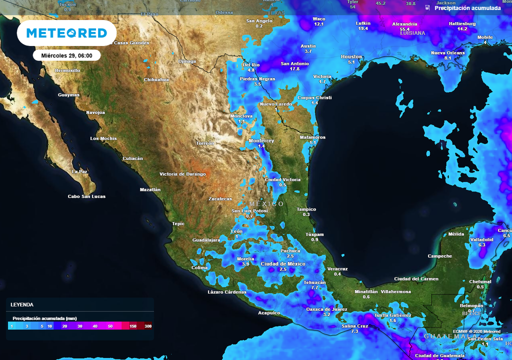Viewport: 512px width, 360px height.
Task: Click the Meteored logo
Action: coord(66,33)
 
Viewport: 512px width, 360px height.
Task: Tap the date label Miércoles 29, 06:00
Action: coord(67,55)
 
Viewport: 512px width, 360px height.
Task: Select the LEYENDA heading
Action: coord(22,304)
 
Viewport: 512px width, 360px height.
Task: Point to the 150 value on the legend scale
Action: coord(133,326)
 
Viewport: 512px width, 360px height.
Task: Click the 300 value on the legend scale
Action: coord(148,326)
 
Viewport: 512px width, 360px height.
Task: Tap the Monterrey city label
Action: coord(261,141)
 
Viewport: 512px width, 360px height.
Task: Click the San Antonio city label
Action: coord(294,63)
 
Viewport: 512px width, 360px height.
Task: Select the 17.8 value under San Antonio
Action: coord(294,69)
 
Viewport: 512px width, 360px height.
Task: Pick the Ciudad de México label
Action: coord(282,263)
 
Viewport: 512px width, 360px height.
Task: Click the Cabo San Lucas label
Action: coord(86,196)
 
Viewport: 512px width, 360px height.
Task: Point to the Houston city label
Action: coord(351,57)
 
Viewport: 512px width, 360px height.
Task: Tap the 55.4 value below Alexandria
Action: coord(404,29)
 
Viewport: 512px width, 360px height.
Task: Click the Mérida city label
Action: coord(456,234)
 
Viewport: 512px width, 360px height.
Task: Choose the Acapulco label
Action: coord(268,313)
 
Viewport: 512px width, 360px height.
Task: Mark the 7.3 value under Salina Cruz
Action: coord(354,331)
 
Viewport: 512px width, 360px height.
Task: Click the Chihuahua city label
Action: coord(156,79)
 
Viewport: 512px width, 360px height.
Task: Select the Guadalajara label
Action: coord(206,240)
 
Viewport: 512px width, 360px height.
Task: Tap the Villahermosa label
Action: coord(395,291)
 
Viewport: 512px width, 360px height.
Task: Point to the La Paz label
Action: coord(79,171)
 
